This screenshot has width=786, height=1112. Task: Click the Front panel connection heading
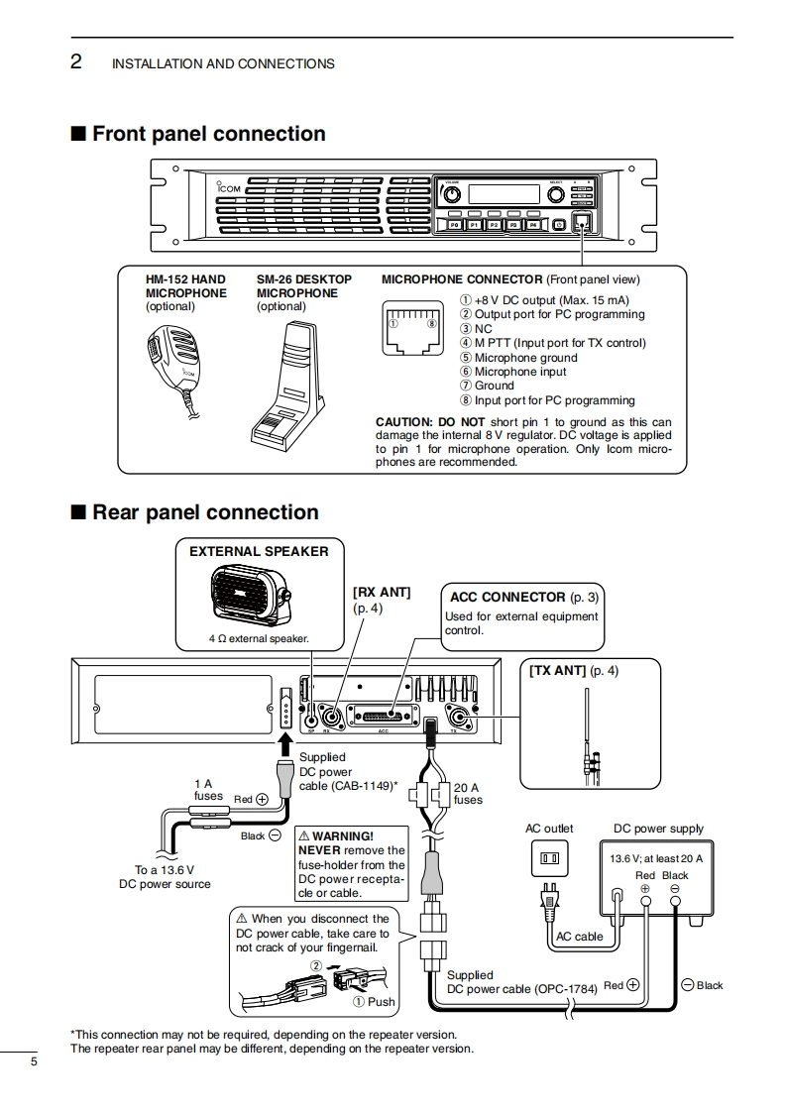(208, 134)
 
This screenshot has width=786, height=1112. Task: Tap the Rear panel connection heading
(204, 512)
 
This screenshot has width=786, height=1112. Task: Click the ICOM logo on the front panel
(227, 188)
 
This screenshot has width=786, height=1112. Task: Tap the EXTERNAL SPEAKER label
(259, 551)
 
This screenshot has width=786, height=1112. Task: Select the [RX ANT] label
(382, 592)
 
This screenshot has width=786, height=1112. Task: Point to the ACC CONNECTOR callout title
(507, 598)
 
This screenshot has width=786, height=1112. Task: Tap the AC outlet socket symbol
(548, 857)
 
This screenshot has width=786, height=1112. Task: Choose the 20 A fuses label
(468, 793)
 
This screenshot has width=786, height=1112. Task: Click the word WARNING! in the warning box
(343, 836)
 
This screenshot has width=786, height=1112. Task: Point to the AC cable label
(580, 937)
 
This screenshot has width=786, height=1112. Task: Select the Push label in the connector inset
(382, 1002)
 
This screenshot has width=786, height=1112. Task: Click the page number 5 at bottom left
(34, 1062)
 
